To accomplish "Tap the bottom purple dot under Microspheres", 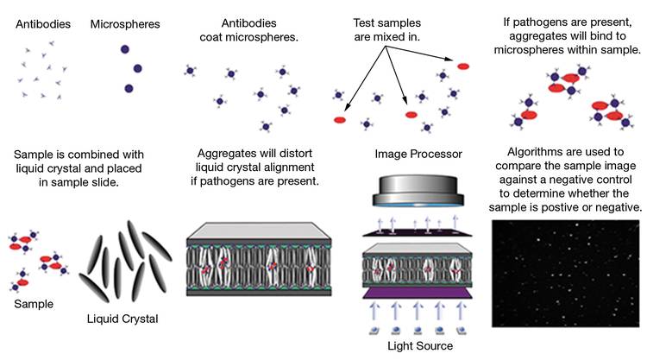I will point(129,88).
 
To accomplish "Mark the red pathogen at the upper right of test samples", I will point(463,66).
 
